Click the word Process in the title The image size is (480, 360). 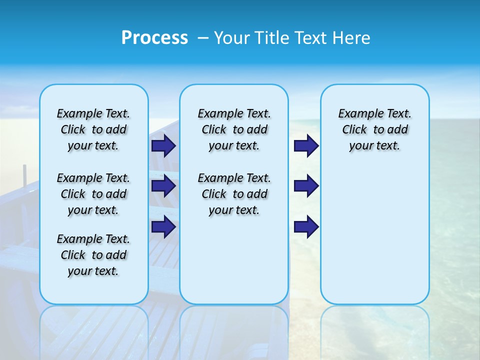coord(154,37)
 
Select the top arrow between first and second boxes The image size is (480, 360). coord(163,145)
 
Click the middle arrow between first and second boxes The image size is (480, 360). coord(163,186)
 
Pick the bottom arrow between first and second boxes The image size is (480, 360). coord(163,227)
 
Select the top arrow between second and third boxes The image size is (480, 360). coord(306,145)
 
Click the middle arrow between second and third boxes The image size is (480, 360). coord(306,186)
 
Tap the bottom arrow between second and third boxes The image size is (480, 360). coord(306,227)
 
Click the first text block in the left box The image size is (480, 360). coord(93,129)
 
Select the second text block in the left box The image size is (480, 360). coord(93,194)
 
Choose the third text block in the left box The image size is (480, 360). coord(93,255)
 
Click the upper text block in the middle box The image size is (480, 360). coord(234,129)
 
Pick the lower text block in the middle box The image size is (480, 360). coord(234,194)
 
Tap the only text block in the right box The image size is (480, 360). coord(375,129)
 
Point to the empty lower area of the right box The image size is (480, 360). coord(375,235)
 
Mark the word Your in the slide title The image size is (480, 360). coord(231,38)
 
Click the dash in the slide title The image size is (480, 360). coord(203,38)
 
